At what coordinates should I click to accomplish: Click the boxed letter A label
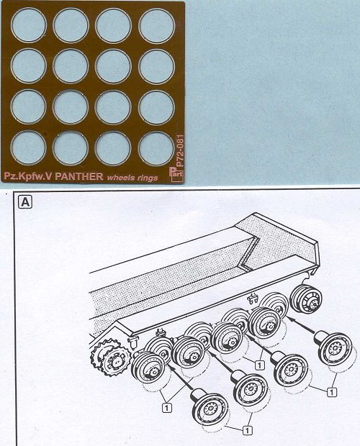[25, 202]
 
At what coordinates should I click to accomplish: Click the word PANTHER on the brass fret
[78, 176]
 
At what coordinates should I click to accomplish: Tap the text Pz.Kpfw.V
[28, 177]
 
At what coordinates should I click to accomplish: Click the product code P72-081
[180, 151]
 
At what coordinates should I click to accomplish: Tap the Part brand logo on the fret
[176, 174]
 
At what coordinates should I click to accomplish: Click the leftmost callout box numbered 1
[167, 408]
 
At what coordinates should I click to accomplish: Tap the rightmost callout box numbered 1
[331, 392]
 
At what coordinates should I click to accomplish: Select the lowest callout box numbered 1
[247, 430]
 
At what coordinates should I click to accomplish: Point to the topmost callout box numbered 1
[259, 365]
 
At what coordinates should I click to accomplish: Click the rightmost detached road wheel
[333, 348]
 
